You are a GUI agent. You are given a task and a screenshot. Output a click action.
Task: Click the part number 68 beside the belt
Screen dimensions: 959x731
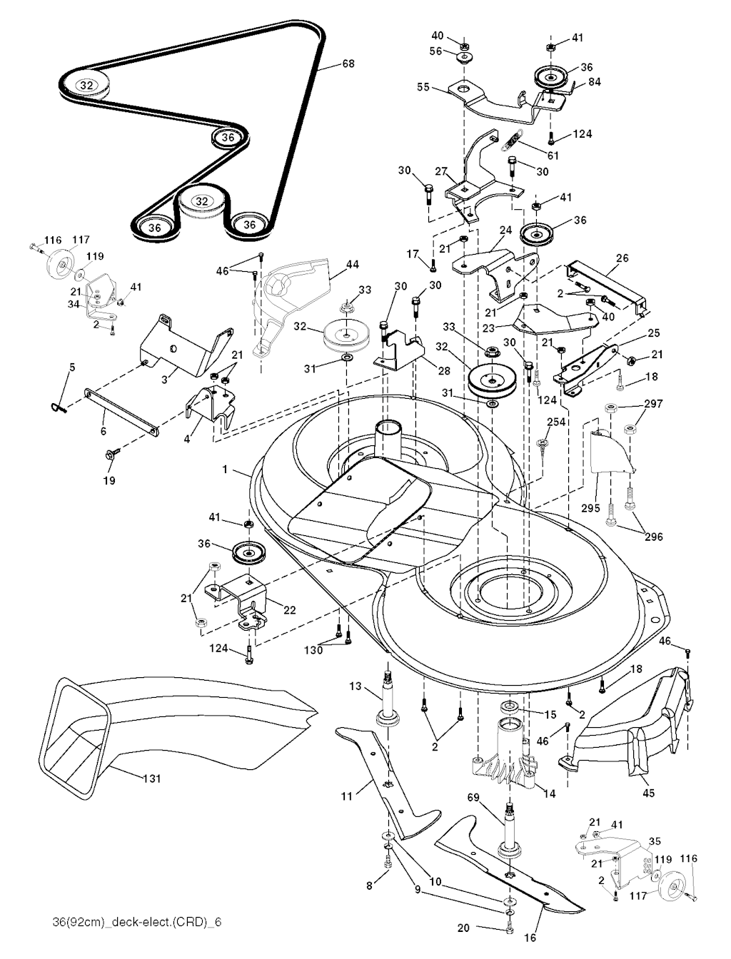(x=348, y=64)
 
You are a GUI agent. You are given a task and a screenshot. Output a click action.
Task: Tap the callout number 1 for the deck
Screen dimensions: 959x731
(x=225, y=470)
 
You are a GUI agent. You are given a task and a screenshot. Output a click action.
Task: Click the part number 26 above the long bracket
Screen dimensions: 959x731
(x=622, y=258)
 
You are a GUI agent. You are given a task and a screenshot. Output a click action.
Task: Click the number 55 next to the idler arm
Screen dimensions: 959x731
(x=424, y=86)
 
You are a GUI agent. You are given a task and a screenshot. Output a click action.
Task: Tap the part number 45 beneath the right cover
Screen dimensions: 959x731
(x=649, y=792)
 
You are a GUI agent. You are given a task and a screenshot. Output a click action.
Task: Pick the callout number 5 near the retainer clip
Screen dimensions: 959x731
(x=71, y=367)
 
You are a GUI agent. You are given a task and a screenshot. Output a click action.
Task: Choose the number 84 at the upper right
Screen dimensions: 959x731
(x=594, y=81)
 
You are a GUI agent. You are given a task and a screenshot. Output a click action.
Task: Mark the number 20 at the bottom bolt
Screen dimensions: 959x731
(x=463, y=928)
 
